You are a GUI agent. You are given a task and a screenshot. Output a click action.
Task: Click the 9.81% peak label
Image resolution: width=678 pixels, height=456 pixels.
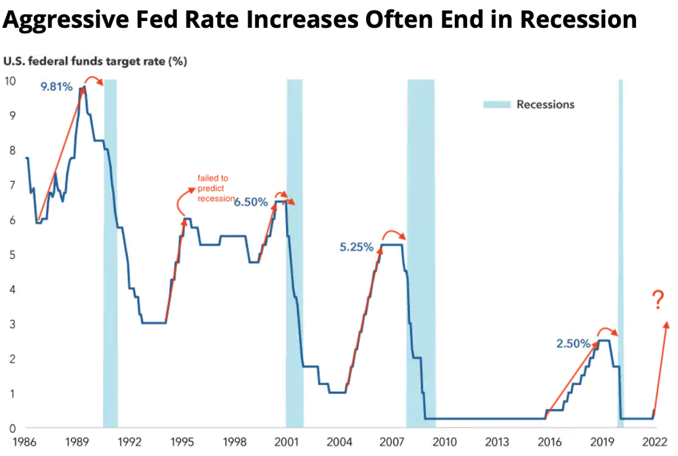tap(56, 86)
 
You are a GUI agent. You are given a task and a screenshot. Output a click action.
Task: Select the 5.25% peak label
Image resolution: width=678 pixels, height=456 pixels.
tap(357, 247)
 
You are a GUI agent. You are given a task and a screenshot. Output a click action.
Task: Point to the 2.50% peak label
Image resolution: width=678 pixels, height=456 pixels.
tap(573, 344)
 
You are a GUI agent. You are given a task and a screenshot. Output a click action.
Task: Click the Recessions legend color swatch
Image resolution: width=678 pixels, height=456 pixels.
tap(496, 104)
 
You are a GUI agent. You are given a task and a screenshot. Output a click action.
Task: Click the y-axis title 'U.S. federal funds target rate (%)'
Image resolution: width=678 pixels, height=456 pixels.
tap(95, 61)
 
